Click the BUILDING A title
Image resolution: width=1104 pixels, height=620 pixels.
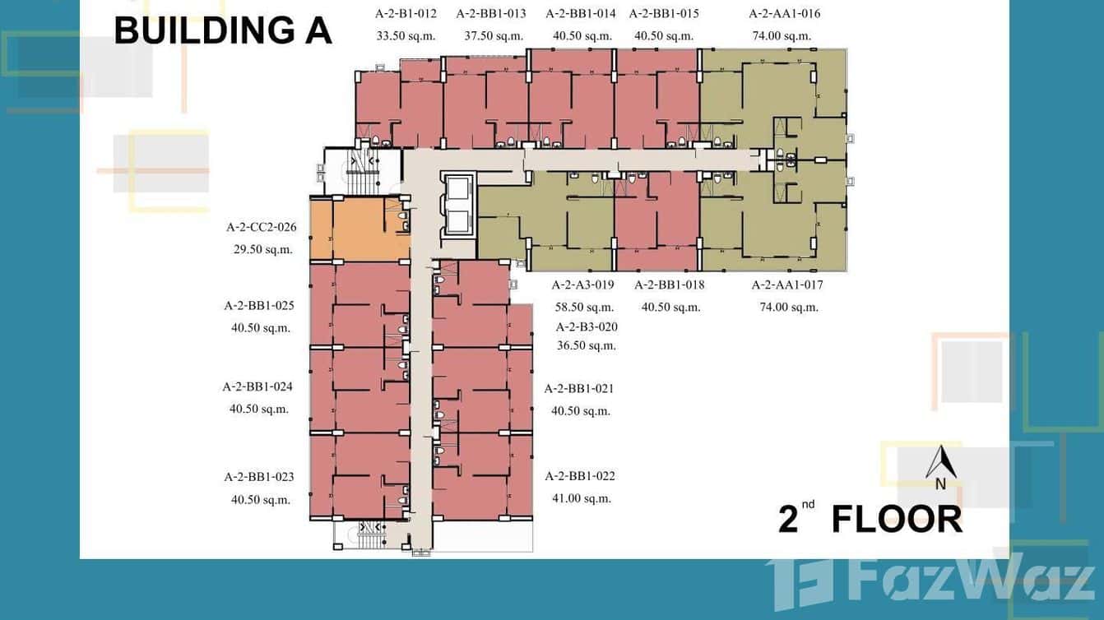pyautogui.click(x=222, y=30)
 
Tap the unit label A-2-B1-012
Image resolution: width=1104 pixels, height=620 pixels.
pyautogui.click(x=406, y=13)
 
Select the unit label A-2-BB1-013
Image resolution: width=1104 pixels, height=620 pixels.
pyautogui.click(x=491, y=13)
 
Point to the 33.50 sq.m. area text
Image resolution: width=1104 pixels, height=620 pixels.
pyautogui.click(x=406, y=35)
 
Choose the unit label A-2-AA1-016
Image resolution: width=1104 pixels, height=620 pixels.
pyautogui.click(x=784, y=13)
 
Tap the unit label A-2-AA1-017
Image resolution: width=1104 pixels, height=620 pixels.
pyautogui.click(x=787, y=285)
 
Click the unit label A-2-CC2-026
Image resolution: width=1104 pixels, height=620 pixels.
pyautogui.click(x=261, y=227)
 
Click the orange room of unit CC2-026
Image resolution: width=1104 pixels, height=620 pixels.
pyautogui.click(x=359, y=229)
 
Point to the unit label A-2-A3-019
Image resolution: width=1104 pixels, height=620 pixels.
pyautogui.click(x=582, y=285)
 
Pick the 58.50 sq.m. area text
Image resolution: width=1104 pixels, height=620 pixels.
pyautogui.click(x=584, y=307)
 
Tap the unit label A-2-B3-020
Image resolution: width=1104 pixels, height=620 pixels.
pyautogui.click(x=587, y=326)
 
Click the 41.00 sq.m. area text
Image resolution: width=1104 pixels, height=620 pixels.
pyautogui.click(x=581, y=497)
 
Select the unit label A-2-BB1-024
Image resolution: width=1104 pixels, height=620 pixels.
pyautogui.click(x=257, y=386)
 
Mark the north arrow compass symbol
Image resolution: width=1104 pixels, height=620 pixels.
pyautogui.click(x=939, y=465)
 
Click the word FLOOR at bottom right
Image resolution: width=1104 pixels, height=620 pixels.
pyautogui.click(x=897, y=520)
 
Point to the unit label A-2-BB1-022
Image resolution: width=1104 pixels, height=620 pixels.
pyautogui.click(x=580, y=475)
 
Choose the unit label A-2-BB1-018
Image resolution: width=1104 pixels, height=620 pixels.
pyautogui.click(x=670, y=285)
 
